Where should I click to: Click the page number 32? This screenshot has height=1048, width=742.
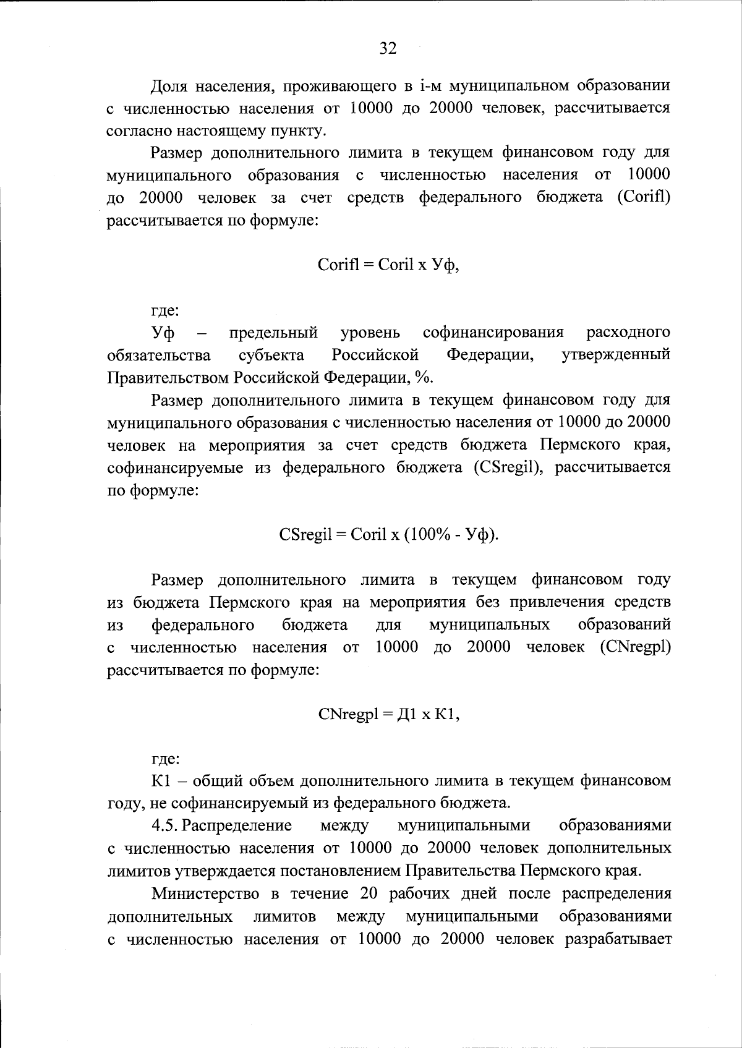tap(388, 49)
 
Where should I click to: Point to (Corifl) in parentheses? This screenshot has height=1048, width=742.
tap(644, 198)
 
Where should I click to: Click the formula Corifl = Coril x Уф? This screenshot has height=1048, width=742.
tap(388, 265)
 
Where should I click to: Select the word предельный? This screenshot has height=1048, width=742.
tap(273, 333)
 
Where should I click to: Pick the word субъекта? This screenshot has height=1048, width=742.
tap(271, 356)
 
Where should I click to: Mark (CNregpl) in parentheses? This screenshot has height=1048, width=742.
tap(635, 647)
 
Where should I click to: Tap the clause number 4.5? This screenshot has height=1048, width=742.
tap(165, 826)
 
